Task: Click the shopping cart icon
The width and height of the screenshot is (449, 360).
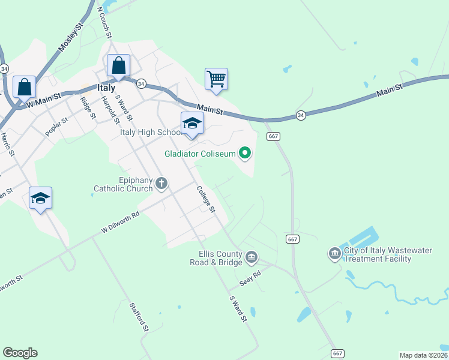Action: [216, 79]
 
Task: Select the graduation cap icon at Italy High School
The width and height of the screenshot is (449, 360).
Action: [192, 123]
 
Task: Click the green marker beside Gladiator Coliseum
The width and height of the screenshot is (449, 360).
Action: [245, 154]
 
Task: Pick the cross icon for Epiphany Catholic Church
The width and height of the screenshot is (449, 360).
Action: [161, 183]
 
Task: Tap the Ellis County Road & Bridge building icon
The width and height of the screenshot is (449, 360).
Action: [252, 258]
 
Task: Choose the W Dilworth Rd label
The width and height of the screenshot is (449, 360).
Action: [120, 221]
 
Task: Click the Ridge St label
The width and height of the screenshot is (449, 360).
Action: [88, 107]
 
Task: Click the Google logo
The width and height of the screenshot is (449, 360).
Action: [20, 353]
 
